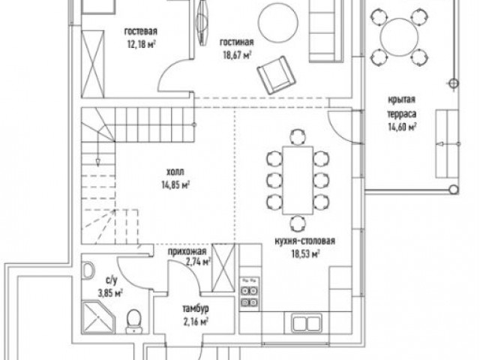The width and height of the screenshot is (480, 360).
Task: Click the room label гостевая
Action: tap(141, 31)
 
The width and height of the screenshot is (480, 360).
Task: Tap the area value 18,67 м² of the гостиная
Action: tap(237, 55)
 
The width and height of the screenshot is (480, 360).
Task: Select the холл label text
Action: tap(175, 172)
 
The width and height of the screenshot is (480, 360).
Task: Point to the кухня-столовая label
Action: tap(305, 241)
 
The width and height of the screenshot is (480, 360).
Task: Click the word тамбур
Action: tap(196, 308)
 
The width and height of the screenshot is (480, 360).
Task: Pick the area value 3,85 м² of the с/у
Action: tap(110, 293)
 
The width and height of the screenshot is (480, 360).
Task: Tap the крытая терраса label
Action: tap(402, 106)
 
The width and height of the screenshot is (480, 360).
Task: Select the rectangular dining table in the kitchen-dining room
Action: tap(298, 180)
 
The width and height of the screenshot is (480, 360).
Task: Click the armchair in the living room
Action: tap(276, 75)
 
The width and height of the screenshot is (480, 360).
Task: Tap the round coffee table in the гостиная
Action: tap(278, 23)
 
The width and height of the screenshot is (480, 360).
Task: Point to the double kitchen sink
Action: tap(307, 323)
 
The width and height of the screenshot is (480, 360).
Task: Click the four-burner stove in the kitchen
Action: tap(250, 292)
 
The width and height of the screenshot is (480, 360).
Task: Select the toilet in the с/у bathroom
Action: tap(134, 321)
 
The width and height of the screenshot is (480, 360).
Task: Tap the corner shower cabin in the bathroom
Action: tap(98, 317)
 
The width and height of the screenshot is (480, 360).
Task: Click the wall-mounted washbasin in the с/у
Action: tap(88, 270)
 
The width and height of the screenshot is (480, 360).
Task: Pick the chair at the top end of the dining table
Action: tap(298, 136)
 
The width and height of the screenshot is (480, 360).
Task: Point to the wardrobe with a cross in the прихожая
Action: tap(223, 268)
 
